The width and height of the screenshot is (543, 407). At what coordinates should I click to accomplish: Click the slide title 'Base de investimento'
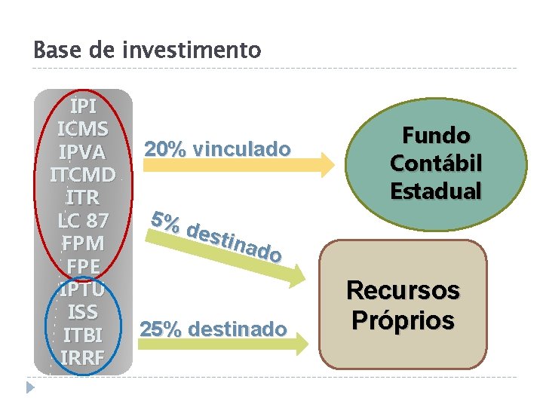(147, 50)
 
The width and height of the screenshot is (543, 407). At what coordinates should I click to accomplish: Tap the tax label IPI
(83, 106)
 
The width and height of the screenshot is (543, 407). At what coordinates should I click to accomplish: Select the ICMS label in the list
(83, 128)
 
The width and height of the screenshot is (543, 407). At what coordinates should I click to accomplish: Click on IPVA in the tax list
(83, 151)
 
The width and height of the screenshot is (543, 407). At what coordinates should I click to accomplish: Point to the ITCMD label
(83, 175)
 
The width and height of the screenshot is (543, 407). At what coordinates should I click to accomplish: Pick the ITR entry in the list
(83, 197)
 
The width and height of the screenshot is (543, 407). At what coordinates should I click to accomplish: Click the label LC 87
(83, 221)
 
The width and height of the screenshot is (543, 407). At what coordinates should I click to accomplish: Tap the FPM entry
(83, 243)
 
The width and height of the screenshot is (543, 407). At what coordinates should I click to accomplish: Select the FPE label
(83, 267)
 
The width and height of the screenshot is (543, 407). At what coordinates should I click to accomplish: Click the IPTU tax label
(83, 289)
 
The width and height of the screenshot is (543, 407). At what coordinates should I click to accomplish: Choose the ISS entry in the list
(83, 312)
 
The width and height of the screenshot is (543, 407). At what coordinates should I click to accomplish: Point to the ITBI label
(83, 335)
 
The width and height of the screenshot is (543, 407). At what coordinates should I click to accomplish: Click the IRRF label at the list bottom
(83, 358)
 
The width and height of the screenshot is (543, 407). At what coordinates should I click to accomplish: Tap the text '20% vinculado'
(217, 149)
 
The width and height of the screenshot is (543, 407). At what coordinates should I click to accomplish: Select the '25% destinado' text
(213, 329)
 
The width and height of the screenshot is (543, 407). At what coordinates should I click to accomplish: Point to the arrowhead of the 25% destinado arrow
(301, 344)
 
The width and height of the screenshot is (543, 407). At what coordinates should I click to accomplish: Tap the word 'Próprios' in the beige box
(403, 320)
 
